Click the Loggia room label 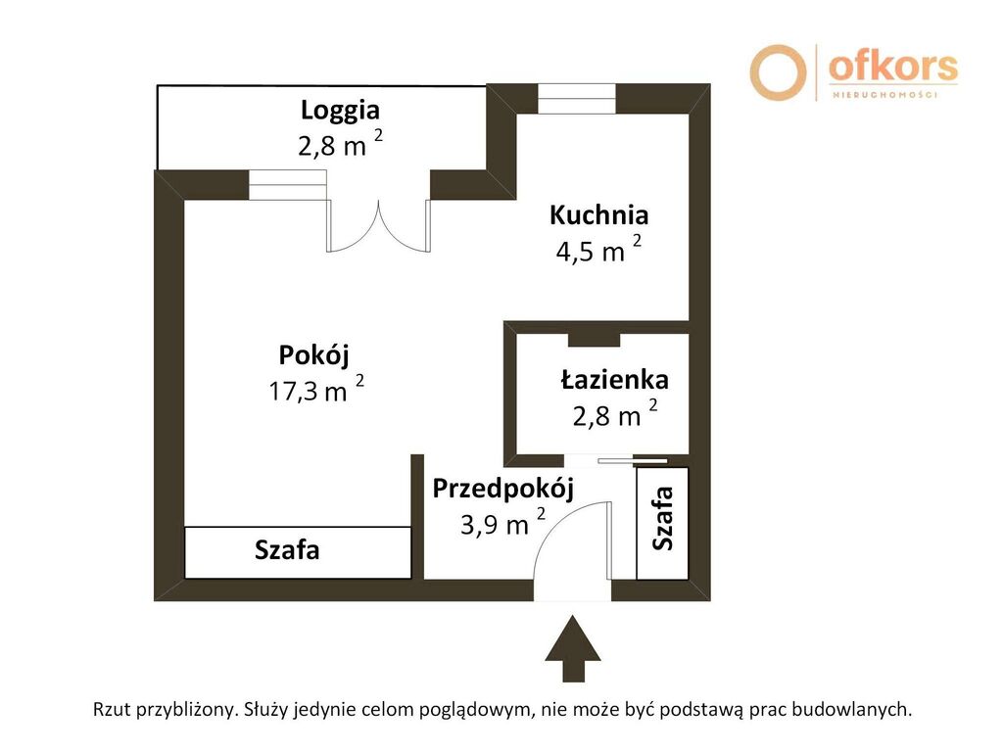pyautogui.click(x=340, y=110)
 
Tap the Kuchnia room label pyautogui.click(x=598, y=214)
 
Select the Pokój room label pyautogui.click(x=313, y=353)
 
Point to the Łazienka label pyautogui.click(x=614, y=379)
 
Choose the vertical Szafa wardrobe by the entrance pyautogui.click(x=663, y=523)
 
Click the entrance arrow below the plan pyautogui.click(x=573, y=647)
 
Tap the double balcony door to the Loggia pyautogui.click(x=378, y=225)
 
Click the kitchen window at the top pyautogui.click(x=576, y=98)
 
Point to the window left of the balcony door pyautogui.click(x=287, y=184)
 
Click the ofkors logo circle pyautogui.click(x=778, y=71)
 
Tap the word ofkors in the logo pyautogui.click(x=891, y=67)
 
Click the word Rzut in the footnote pyautogui.click(x=112, y=709)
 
